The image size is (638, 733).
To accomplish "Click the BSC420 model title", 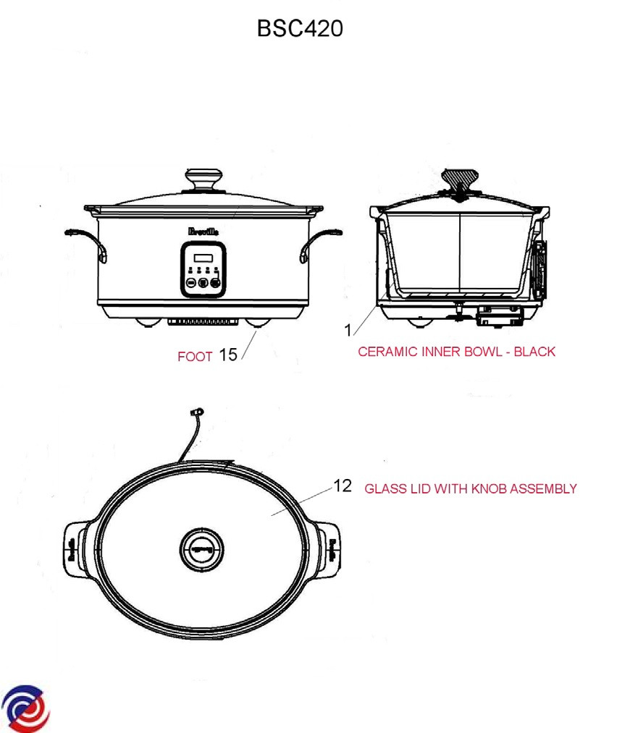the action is [x=300, y=28].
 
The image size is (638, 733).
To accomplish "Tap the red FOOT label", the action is [x=195, y=357].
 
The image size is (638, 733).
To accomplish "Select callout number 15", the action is [x=228, y=355].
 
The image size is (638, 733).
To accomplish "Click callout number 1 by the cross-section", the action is [x=348, y=331].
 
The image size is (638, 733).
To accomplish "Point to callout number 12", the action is [x=343, y=486].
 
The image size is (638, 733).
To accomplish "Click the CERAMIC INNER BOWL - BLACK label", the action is [x=456, y=352].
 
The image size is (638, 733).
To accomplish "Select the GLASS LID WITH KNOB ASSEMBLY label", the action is [x=471, y=489].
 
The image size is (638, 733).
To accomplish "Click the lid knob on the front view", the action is [x=203, y=180].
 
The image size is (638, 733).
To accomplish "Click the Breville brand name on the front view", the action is [x=203, y=232].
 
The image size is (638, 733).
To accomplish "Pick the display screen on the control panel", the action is [x=203, y=258].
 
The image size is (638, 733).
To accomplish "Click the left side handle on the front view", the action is [x=86, y=243].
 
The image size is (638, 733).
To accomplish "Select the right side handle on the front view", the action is [x=321, y=244].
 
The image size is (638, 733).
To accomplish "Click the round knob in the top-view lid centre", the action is [x=202, y=550].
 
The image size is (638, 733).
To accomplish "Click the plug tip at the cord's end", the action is [x=197, y=412].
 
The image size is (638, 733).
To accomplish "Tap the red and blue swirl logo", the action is [x=26, y=708].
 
